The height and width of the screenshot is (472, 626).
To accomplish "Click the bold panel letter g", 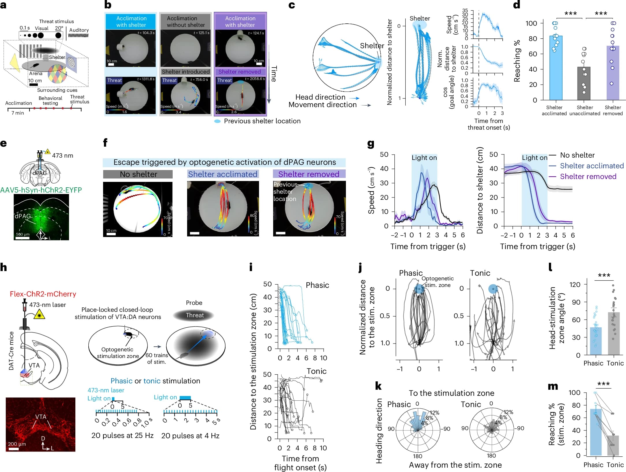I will click(370, 144).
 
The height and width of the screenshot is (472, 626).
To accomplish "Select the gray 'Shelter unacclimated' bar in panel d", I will click(584, 84).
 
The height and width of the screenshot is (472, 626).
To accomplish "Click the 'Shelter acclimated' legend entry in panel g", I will click(592, 166).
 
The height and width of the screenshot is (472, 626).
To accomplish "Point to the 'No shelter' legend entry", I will click(577, 155).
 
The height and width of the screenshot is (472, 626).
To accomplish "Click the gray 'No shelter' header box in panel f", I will click(138, 174).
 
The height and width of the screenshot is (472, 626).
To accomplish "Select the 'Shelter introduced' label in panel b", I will click(186, 72).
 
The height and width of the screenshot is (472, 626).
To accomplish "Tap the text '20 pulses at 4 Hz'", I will click(190, 436).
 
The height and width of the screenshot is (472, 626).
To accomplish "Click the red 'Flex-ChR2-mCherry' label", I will click(43, 294).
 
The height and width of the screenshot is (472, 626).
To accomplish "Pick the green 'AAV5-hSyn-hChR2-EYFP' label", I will click(41, 190).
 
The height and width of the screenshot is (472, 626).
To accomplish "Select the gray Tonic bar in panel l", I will click(614, 333).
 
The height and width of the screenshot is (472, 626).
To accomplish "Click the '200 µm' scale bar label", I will click(17, 444).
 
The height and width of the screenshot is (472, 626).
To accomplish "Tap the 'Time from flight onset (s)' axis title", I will click(300, 463).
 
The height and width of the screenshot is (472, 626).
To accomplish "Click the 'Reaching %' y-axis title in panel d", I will click(517, 61).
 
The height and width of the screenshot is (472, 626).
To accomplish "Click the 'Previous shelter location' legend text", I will click(262, 121).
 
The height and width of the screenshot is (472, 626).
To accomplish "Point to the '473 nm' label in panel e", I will click(63, 156).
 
